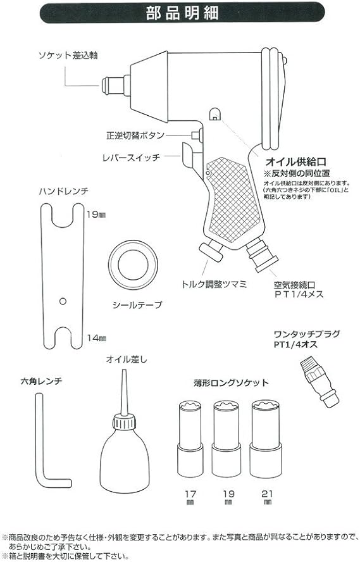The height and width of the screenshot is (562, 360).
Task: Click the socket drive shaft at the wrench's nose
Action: point(111,83)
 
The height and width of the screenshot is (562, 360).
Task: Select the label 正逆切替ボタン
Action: point(135,135)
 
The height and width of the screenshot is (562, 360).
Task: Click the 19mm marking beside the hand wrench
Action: point(96,215)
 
